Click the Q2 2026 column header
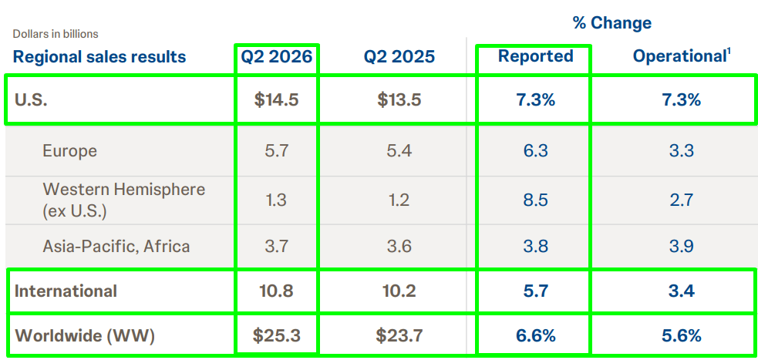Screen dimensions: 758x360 tap(277, 56)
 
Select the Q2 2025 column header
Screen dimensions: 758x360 tap(399, 56)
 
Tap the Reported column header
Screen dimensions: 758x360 tap(536, 56)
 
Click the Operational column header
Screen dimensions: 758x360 tap(682, 56)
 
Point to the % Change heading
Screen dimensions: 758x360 tap(612, 22)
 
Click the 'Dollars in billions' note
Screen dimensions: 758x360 tap(56, 34)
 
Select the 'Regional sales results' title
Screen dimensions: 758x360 tap(99, 56)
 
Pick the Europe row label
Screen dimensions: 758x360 tap(69, 151)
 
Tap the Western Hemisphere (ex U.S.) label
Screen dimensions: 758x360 tap(123, 200)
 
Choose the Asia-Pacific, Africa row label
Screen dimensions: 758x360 tap(116, 247)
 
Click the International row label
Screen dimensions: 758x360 tap(66, 291)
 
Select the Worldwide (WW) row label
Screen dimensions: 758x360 tap(85, 335)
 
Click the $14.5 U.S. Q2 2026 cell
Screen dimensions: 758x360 tap(277, 100)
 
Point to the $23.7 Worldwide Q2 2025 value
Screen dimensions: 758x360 tap(399, 335)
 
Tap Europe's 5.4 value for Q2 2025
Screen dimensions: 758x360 tap(399, 151)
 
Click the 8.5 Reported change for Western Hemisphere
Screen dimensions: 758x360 tap(536, 200)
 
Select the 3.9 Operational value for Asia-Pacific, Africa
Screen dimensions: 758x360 tap(682, 247)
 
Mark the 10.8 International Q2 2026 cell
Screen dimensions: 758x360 tap(277, 291)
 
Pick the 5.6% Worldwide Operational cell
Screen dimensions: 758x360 tap(682, 335)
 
